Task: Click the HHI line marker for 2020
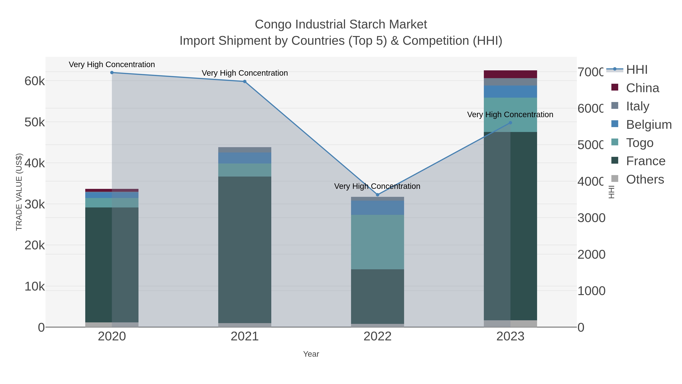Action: (x=112, y=73)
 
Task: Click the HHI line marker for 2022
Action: (x=378, y=195)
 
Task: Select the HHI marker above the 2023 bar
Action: (x=510, y=123)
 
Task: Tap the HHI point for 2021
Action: (x=245, y=82)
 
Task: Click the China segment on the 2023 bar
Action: (x=510, y=74)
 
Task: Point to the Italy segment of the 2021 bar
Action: (x=245, y=150)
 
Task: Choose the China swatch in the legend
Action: (x=615, y=87)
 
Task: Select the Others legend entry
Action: (x=645, y=179)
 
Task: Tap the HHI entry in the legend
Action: (x=637, y=70)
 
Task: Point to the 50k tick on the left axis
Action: (x=34, y=123)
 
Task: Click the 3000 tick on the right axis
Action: (x=591, y=218)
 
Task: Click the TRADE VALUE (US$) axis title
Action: (x=19, y=192)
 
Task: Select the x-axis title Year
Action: (x=311, y=354)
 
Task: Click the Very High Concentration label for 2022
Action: (x=377, y=186)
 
